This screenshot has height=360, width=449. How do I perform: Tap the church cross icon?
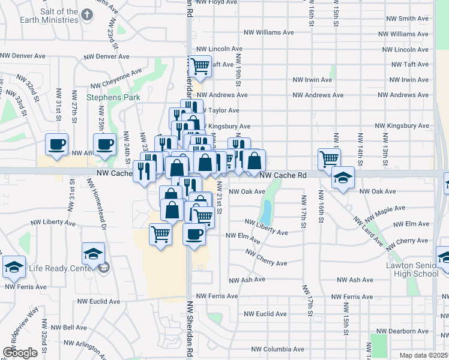[x=87, y=13]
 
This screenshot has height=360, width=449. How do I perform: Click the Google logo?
[x=20, y=353]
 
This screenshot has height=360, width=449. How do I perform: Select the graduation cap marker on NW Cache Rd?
[x=343, y=177]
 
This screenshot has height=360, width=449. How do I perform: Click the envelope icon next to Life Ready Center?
[x=105, y=268]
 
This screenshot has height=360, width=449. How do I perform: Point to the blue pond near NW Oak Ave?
[x=265, y=212]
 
